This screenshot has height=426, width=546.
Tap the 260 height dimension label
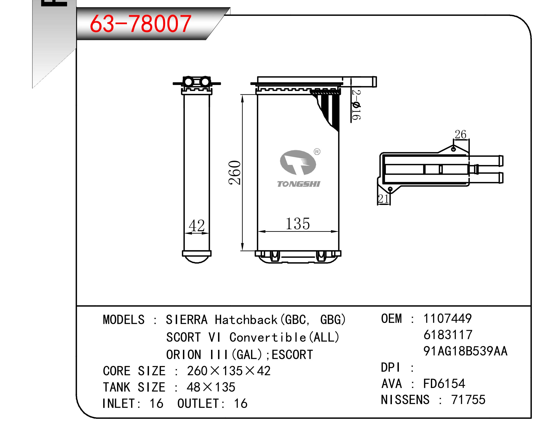tap(235, 173)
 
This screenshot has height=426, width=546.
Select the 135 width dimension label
tap(298, 224)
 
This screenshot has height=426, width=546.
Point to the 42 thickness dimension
tap(196, 226)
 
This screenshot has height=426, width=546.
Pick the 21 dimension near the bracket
tap(384, 199)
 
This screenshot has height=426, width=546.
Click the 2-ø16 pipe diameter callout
tap(356, 105)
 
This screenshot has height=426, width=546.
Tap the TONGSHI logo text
tap(298, 184)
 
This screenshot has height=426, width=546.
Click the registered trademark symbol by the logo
tap(317, 152)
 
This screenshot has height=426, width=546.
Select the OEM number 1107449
tap(447, 318)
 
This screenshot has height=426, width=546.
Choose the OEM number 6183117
tap(448, 335)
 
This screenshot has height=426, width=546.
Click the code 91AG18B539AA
tap(466, 351)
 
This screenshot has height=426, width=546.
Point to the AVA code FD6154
tap(444, 383)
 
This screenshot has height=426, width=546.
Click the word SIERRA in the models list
tap(186, 320)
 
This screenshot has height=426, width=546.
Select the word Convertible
tap(268, 337)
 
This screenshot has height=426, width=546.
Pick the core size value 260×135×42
tap(229, 371)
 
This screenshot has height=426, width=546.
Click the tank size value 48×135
tap(211, 387)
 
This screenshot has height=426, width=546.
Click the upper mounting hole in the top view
tap(453, 149)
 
